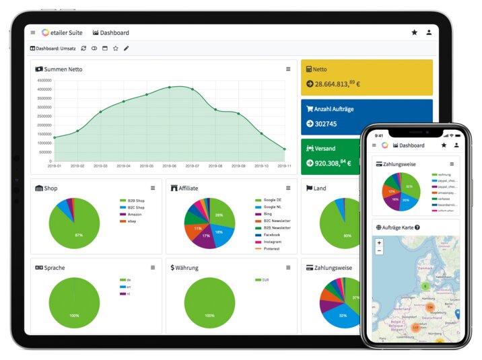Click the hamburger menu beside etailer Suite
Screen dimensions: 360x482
[33, 32]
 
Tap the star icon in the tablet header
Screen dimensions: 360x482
[414, 32]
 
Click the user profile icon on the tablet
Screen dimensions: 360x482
[429, 32]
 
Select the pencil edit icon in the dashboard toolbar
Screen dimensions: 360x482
[127, 48]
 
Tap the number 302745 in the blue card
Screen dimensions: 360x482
[326, 123]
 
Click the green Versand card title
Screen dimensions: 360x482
[325, 148]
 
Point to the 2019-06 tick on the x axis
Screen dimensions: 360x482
[170, 166]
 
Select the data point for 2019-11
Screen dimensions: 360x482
[285, 149]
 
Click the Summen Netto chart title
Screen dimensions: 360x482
[63, 69]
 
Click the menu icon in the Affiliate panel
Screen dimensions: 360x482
[288, 188]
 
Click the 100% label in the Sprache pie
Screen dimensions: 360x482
[74, 315]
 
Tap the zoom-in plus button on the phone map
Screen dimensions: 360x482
[379, 243]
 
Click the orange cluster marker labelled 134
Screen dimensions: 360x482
[429, 307]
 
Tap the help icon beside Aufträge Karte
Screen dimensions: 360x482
[417, 227]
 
